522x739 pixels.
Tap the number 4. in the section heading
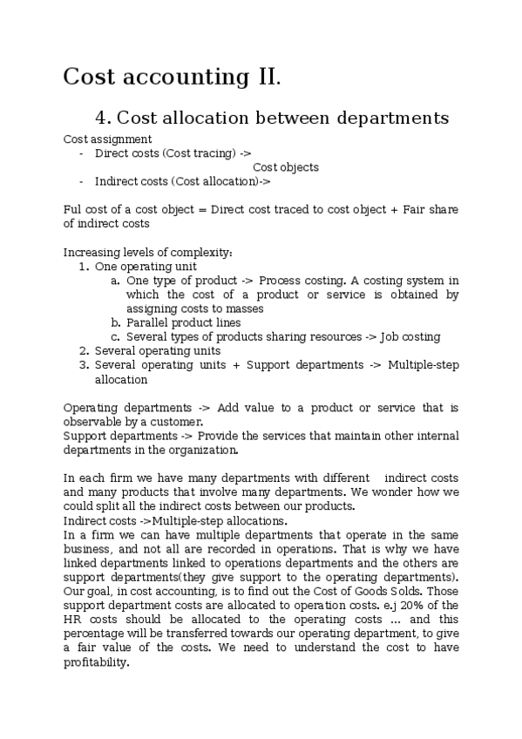coord(102,119)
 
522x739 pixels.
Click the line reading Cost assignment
coord(108,139)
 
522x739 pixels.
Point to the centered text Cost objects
coord(286,167)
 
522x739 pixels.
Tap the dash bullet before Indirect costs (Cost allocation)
coord(81,181)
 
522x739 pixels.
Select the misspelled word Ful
coord(73,210)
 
